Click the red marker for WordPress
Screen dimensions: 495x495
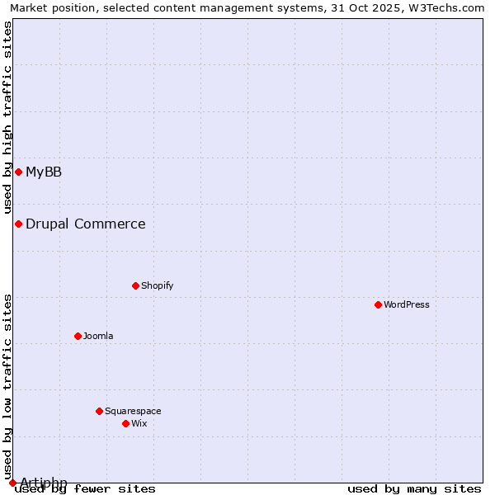coord(379,304)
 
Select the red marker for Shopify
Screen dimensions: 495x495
coord(136,285)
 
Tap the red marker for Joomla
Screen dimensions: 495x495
coord(78,336)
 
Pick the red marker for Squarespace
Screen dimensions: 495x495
coord(100,411)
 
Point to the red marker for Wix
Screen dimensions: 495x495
coord(126,423)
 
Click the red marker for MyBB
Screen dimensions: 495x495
coord(18,172)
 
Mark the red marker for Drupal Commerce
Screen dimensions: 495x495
coord(18,224)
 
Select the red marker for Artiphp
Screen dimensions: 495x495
coord(12,483)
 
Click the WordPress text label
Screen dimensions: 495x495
coord(407,304)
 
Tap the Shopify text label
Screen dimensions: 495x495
coord(158,285)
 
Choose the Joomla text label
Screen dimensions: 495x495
coord(98,336)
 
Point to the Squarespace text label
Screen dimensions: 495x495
coord(133,411)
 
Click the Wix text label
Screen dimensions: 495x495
coord(139,423)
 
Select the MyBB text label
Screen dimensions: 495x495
coord(44,172)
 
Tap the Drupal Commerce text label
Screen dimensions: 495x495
coord(86,224)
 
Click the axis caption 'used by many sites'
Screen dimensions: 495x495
coord(414,488)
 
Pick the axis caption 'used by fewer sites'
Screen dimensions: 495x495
coord(86,488)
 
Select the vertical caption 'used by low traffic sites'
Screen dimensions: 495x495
coord(7,386)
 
